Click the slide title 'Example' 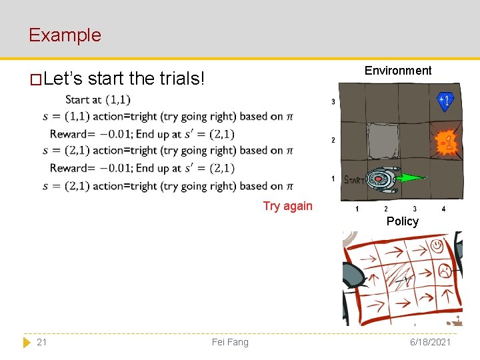(65, 35)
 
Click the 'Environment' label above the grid (398, 71)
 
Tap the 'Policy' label (402, 221)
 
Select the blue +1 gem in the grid (445, 101)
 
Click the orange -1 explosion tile (446, 142)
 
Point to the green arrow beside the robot (413, 178)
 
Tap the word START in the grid (353, 180)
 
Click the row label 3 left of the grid (333, 102)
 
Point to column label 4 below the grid (443, 209)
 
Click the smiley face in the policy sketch (437, 246)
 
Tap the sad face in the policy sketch (443, 270)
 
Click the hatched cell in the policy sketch (399, 275)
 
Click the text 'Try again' (287, 206)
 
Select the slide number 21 (41, 342)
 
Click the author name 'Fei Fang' (229, 342)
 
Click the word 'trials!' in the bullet (182, 79)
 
